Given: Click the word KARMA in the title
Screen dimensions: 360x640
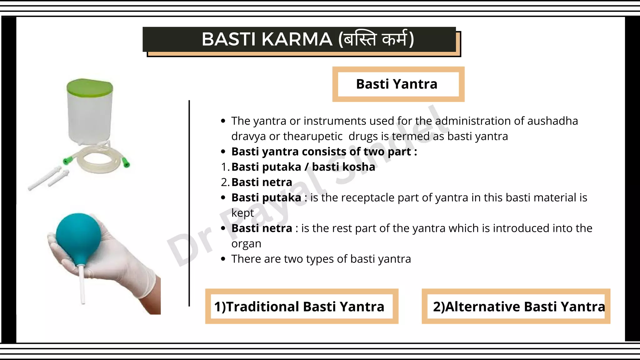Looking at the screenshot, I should pos(297,40).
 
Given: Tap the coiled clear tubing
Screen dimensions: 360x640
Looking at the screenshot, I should pos(97,159).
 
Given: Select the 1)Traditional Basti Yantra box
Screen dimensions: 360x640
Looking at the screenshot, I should pos(301,306).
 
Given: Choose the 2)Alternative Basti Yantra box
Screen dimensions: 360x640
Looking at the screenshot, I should pos(516,306).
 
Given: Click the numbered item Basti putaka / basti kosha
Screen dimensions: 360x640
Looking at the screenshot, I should pos(303,167).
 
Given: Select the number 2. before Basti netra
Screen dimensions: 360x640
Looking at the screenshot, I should pos(225,182).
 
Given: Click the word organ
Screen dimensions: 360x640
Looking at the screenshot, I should pos(246,244).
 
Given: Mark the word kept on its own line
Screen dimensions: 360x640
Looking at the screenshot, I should pos(242,213).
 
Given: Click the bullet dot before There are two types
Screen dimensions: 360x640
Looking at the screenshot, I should pos(223,259).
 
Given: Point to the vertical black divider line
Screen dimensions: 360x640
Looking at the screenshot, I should pos(189,203).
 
